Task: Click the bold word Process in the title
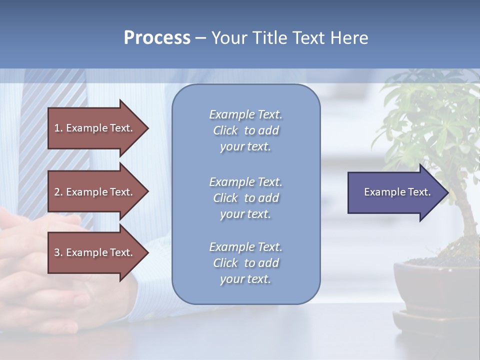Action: (157, 38)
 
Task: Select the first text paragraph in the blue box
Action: (245, 130)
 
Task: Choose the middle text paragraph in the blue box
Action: (245, 198)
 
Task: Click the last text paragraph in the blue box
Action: (245, 263)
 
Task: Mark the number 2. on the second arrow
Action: (58, 192)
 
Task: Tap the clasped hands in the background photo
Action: (40, 265)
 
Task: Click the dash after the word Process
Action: (200, 38)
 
